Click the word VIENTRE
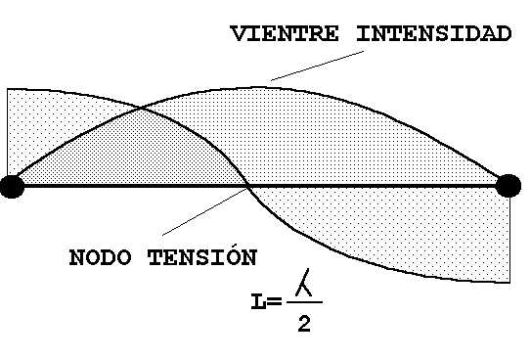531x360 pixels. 285,33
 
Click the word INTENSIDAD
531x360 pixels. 434,33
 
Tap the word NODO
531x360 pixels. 101,257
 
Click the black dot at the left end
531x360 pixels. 13,186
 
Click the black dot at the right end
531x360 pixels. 508,186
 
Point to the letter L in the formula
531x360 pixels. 258,301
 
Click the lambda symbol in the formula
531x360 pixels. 304,283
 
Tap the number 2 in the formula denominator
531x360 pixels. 304,324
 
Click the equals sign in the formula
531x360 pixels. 275,300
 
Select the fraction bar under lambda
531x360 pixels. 304,301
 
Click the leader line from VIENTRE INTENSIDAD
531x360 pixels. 317,66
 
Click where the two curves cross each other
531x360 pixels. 141,109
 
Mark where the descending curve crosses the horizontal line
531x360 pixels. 249,186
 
